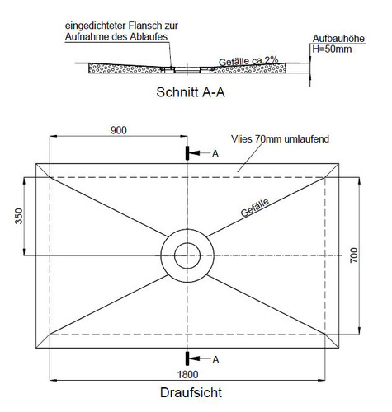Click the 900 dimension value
[x=119, y=130]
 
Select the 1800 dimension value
[x=187, y=374]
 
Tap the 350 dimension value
[x=19, y=217]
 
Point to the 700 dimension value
[x=354, y=255]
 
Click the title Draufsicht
[x=191, y=392]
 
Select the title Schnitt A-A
[x=191, y=92]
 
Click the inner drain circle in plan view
[x=187, y=243]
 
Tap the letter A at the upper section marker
[x=215, y=154]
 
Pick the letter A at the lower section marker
[x=215, y=360]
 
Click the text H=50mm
[x=332, y=49]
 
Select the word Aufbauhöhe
[x=338, y=39]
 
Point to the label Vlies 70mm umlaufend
[x=280, y=139]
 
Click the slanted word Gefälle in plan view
[x=255, y=208]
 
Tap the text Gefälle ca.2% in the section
[x=248, y=61]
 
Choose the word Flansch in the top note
[x=144, y=26]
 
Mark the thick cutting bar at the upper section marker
[x=187, y=153]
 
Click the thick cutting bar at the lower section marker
[x=187, y=358]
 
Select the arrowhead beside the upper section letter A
[x=195, y=153]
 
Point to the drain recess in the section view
[x=187, y=70]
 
